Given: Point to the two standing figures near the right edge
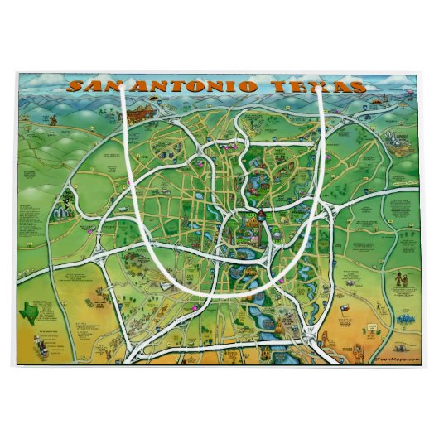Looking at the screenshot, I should [x=401, y=282].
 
